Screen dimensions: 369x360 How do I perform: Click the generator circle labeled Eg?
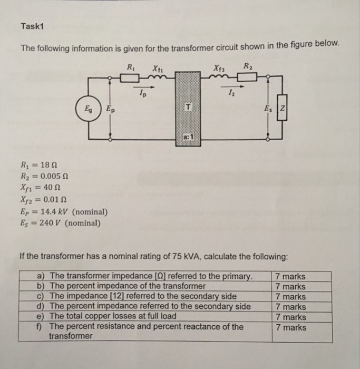point(87,110)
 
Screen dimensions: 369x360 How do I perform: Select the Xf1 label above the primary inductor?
point(157,67)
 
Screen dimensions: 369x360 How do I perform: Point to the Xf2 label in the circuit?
point(218,66)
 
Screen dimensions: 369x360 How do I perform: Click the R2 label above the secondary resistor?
point(248,65)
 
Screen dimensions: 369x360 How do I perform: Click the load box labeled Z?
point(282,110)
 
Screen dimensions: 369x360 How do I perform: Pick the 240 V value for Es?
point(50,222)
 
